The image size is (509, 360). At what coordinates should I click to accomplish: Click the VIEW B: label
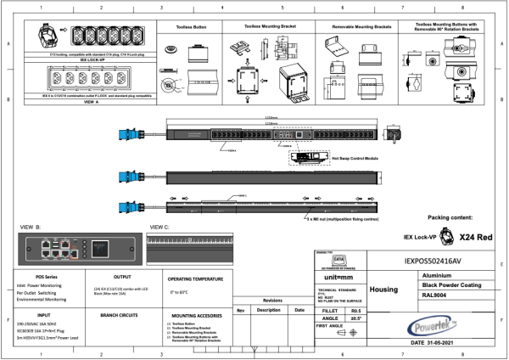click(x=31, y=228)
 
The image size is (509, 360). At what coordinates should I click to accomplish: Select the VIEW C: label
click(x=159, y=228)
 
